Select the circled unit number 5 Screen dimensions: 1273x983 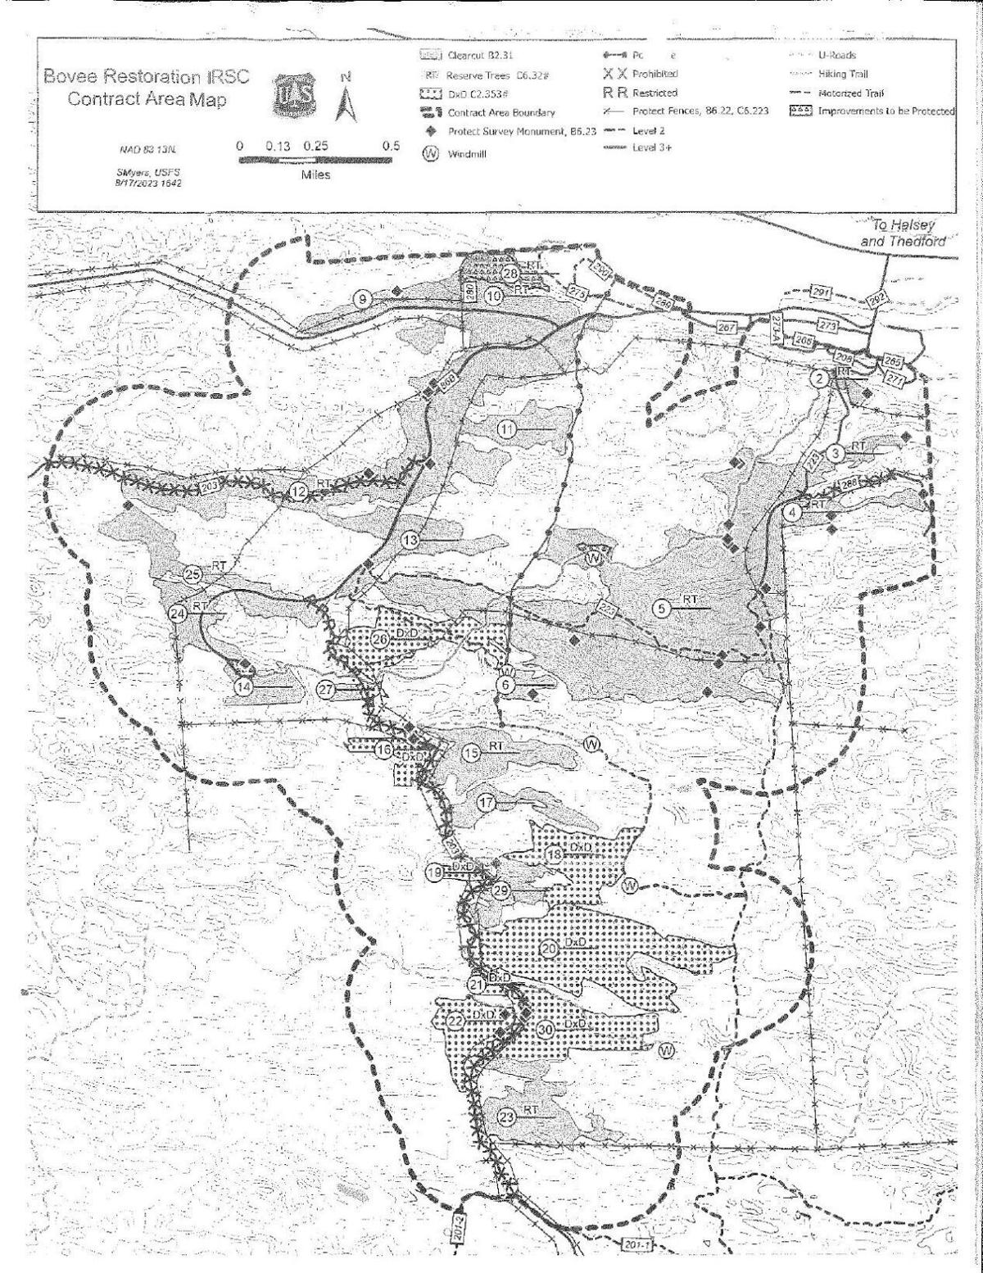662,607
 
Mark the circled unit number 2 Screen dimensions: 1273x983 818,378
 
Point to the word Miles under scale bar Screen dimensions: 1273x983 315,176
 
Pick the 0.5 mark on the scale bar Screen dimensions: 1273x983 392,146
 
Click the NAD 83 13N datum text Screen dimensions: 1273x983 148,151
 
